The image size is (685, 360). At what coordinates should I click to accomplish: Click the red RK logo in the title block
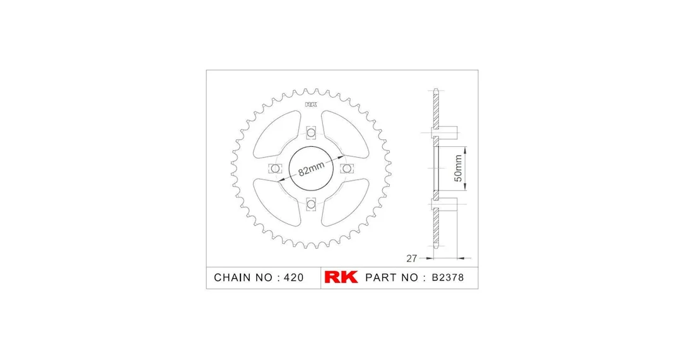(x=341, y=277)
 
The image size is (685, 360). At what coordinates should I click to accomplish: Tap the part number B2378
(x=447, y=277)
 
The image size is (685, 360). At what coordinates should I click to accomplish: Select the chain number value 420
(x=293, y=277)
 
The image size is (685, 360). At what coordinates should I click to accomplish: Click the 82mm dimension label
(x=311, y=168)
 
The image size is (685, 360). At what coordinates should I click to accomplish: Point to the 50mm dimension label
(x=459, y=168)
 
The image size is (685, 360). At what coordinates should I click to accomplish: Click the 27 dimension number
(x=411, y=258)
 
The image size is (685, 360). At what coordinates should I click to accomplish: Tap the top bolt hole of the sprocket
(x=311, y=132)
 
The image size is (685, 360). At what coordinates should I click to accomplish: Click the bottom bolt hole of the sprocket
(x=311, y=204)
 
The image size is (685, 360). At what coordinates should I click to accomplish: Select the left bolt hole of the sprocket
(x=275, y=168)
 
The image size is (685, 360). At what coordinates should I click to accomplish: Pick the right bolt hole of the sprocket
(x=346, y=168)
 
